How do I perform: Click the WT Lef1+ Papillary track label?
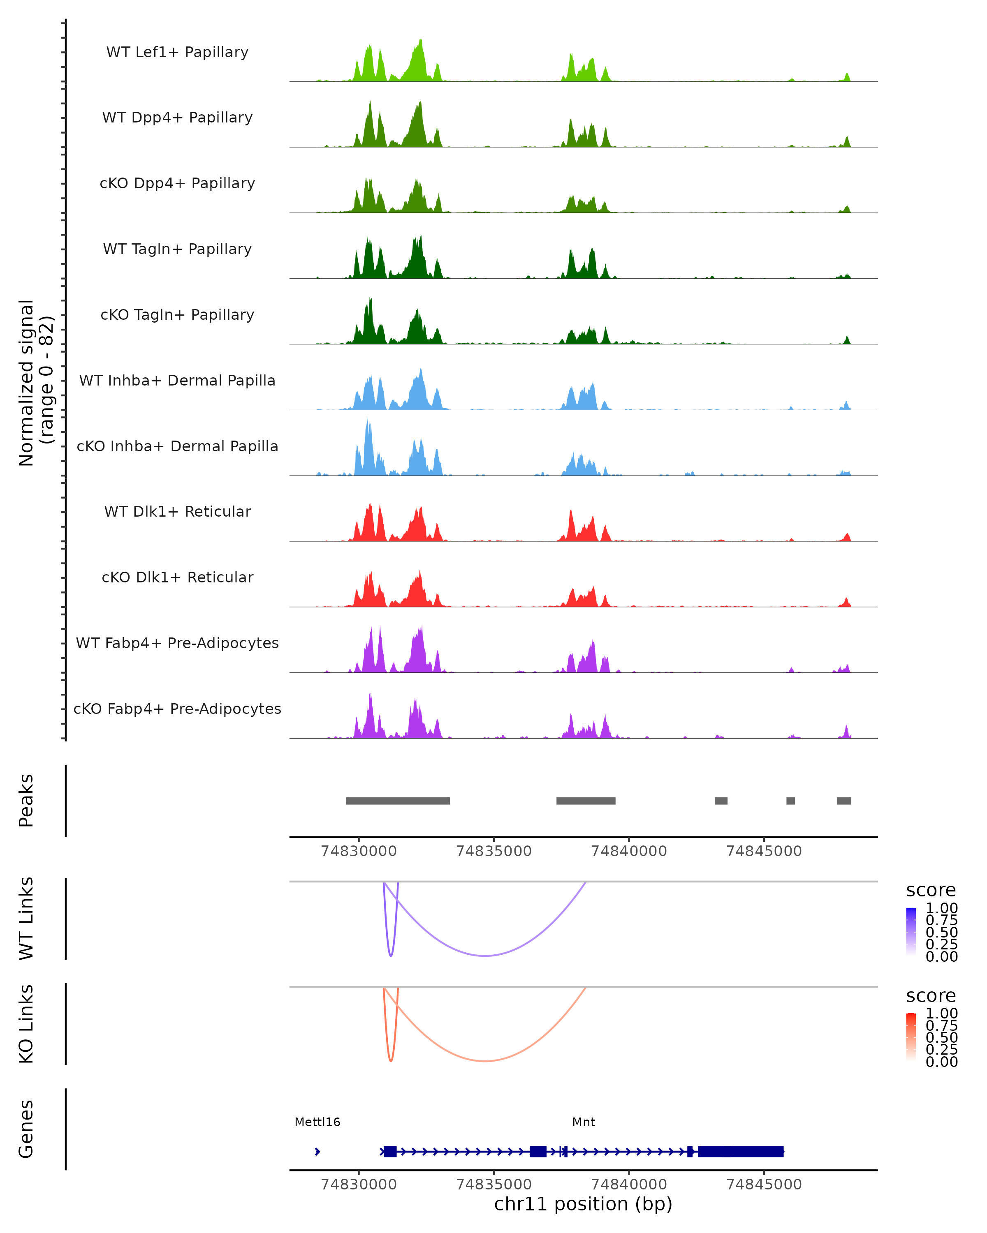[x=177, y=52]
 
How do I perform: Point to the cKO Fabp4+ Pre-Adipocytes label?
[x=177, y=709]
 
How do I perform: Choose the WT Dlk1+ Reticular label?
[x=177, y=511]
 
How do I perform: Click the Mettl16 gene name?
[x=317, y=1122]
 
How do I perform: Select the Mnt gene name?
[x=583, y=1122]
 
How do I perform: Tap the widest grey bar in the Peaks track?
[x=398, y=801]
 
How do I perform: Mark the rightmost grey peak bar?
[x=843, y=801]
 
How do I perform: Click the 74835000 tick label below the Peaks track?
[x=494, y=851]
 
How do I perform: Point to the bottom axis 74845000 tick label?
[x=764, y=1185]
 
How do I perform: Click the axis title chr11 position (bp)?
[x=583, y=1204]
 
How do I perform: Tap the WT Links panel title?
[x=26, y=919]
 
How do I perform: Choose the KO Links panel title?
[x=26, y=1024]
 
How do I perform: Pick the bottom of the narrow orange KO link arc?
[x=391, y=1061]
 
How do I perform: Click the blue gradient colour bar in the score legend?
[x=911, y=932]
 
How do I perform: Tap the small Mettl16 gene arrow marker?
[x=317, y=1152]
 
